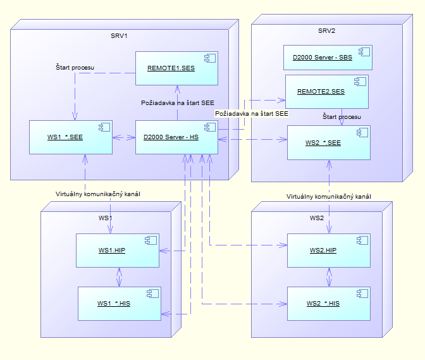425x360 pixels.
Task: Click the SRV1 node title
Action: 120,35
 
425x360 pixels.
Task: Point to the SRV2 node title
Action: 326,31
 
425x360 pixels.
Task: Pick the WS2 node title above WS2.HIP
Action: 316,218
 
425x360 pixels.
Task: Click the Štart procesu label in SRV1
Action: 75,66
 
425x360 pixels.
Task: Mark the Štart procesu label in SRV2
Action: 342,117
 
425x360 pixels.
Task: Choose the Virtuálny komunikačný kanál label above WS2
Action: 328,196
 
